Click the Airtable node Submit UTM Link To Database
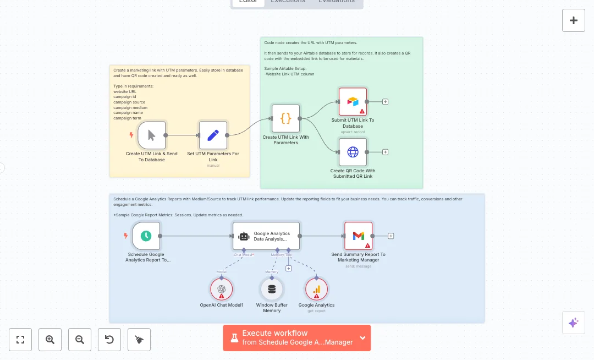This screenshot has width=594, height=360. click(353, 102)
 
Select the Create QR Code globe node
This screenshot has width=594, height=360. click(353, 152)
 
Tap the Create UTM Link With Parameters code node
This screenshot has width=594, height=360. click(286, 118)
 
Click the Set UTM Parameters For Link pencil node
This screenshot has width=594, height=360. click(213, 135)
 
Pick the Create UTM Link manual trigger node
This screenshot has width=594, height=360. click(151, 135)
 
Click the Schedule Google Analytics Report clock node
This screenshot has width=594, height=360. click(146, 236)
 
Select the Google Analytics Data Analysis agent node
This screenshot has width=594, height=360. click(266, 236)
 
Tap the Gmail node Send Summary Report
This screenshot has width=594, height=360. click(358, 236)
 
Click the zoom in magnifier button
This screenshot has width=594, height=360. click(50, 340)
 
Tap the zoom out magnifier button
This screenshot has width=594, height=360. click(80, 340)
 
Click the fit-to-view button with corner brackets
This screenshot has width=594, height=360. click(20, 340)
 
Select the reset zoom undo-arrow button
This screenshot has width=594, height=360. click(109, 340)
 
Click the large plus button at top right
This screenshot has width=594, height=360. click(574, 20)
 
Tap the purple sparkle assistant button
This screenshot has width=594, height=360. click(574, 323)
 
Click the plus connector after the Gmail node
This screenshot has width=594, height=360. click(391, 236)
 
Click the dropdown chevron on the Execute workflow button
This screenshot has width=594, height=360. click(362, 337)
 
